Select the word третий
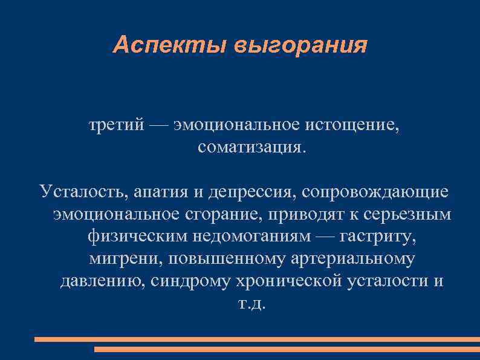click(x=116, y=125)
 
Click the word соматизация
click(x=252, y=148)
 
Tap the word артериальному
click(x=352, y=260)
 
